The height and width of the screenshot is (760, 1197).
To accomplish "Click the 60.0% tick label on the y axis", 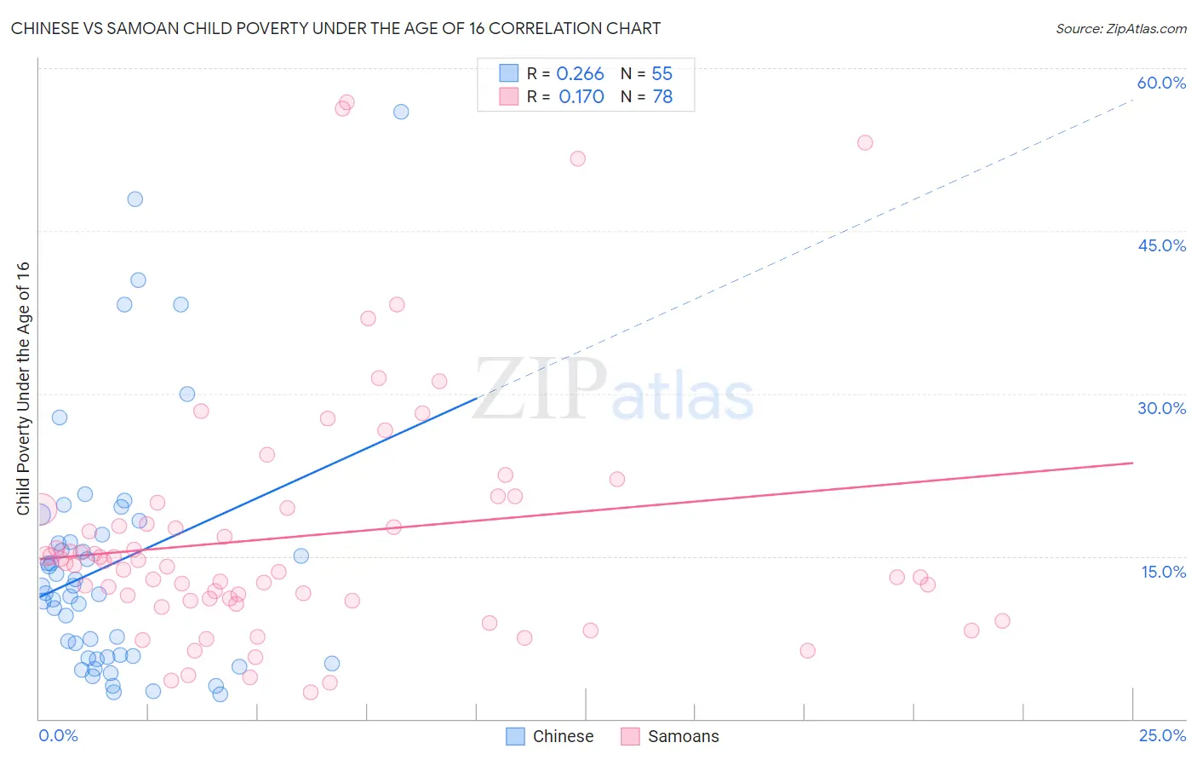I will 1161,83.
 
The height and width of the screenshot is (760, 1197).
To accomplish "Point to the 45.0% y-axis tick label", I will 1161,245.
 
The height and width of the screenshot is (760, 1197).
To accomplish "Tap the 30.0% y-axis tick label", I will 1161,408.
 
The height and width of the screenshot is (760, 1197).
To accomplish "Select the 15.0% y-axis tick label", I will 1163,572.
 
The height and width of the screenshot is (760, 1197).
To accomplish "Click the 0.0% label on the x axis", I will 58,735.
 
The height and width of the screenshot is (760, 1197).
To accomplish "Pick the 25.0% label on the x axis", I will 1162,735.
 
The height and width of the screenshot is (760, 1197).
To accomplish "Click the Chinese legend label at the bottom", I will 563,736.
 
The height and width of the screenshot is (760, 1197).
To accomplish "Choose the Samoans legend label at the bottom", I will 683,736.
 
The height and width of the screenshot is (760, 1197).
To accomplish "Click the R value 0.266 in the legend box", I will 580,74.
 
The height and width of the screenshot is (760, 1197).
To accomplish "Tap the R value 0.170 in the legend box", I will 581,97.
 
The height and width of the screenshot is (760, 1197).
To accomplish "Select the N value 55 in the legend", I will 662,74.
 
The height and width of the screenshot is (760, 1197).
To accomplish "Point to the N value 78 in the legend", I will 662,97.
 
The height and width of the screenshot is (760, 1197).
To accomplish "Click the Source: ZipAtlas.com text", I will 1120,29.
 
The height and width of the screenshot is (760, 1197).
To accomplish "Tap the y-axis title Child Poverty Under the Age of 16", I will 24,389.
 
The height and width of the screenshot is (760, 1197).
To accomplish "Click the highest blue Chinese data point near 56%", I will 401,112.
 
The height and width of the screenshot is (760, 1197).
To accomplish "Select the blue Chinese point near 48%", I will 135,199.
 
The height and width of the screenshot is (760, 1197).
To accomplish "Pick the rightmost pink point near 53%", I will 865,142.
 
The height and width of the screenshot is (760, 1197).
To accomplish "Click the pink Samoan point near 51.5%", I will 578,158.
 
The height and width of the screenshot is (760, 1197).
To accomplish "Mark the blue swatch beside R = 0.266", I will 508,73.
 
